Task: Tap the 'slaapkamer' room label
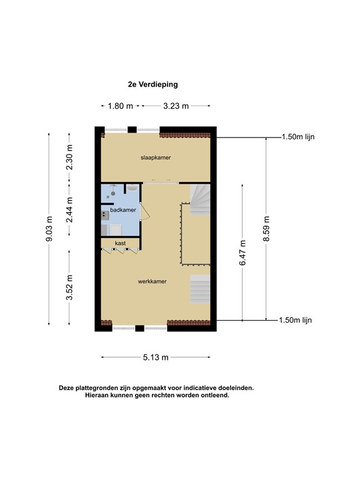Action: tap(156, 158)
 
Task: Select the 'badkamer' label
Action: tap(123, 210)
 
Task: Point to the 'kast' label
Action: tap(120, 242)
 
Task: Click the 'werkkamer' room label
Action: tap(152, 282)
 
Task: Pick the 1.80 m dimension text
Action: tap(121, 106)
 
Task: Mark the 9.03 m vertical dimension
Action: tap(49, 229)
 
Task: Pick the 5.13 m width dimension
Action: tap(156, 357)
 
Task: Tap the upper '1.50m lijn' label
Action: tap(296, 137)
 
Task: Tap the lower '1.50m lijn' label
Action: tap(296, 320)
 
